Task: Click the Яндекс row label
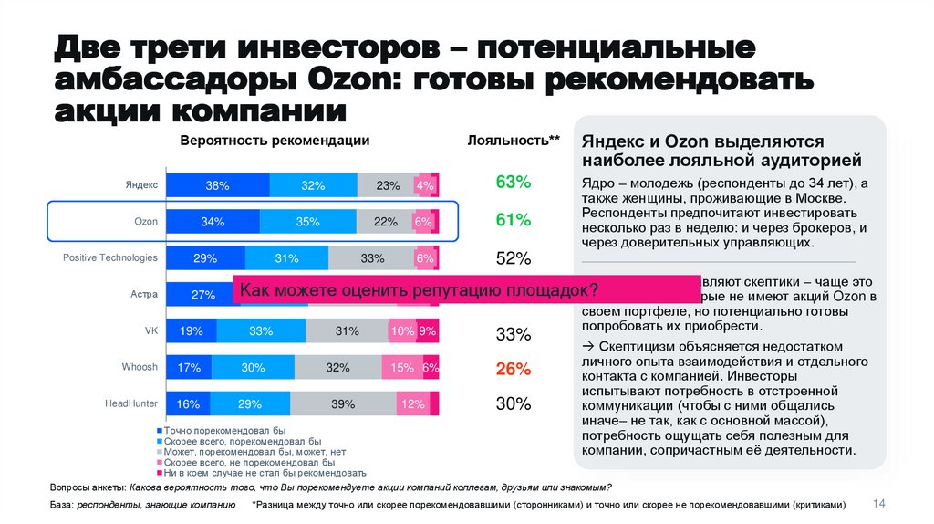click(x=140, y=185)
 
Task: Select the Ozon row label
click(x=146, y=222)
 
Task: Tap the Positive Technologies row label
click(x=110, y=258)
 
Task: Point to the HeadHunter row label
click(x=131, y=403)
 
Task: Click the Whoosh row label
click(x=140, y=367)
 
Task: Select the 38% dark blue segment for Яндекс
click(x=217, y=185)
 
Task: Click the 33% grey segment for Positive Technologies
click(x=372, y=258)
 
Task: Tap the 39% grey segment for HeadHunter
click(x=343, y=403)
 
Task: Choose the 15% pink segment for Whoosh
click(x=403, y=368)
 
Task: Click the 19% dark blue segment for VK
click(x=191, y=331)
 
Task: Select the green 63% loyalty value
click(x=513, y=183)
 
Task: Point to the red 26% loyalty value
click(x=513, y=369)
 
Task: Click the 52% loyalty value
click(x=513, y=258)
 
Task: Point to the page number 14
click(x=880, y=504)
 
